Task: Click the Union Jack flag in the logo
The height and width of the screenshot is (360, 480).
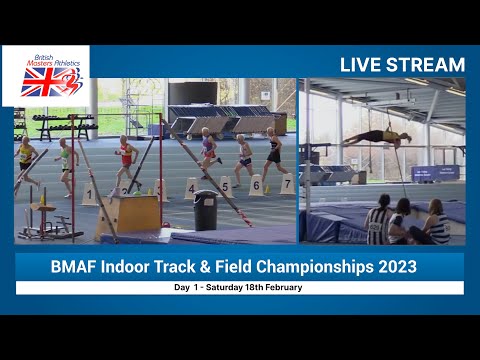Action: pyautogui.click(x=40, y=81)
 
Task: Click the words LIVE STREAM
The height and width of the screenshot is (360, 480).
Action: pyautogui.click(x=402, y=65)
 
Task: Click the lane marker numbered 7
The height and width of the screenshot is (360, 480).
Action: pyautogui.click(x=287, y=184)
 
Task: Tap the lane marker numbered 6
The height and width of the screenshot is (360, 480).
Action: pyautogui.click(x=256, y=186)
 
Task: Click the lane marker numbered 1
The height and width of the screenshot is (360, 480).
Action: pyautogui.click(x=89, y=193)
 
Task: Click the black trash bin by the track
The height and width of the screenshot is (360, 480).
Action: pyautogui.click(x=206, y=210)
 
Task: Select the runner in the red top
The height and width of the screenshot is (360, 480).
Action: pyautogui.click(x=126, y=160)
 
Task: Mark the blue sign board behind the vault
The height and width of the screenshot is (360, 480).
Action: pyautogui.click(x=436, y=172)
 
